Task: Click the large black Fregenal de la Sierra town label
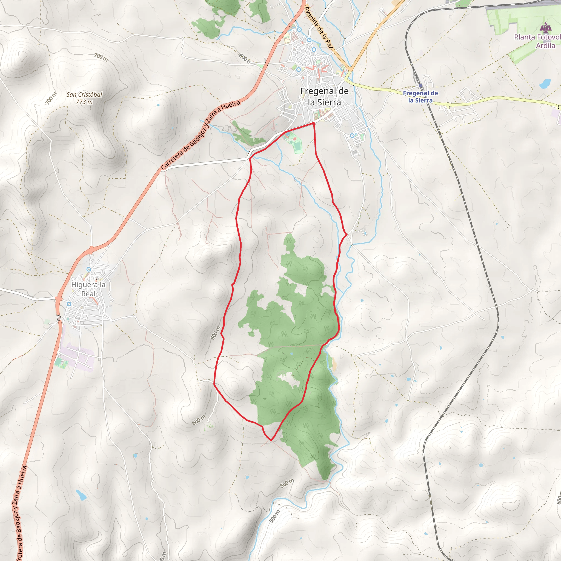pos(324,97)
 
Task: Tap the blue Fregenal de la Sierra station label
pos(420,97)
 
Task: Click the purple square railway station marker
pos(420,86)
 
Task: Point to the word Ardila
pos(545,45)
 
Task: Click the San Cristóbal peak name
pos(84,95)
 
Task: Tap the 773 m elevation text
pos(84,102)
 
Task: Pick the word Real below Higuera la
pos(88,294)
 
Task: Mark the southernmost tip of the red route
pos(271,440)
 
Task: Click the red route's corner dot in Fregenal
pos(314,124)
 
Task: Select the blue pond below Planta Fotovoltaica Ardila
pos(545,83)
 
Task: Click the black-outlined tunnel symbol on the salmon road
pos(59,318)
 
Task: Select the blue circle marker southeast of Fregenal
pos(352,136)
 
